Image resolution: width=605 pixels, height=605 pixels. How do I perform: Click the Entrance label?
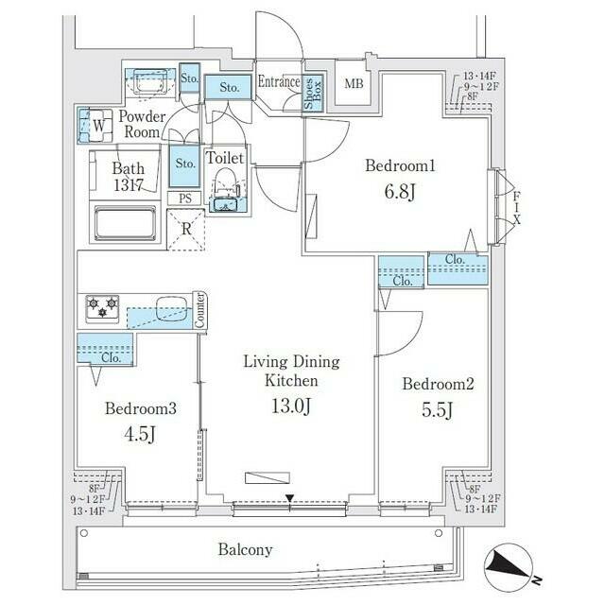[x=279, y=82]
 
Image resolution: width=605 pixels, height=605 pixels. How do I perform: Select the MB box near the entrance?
[x=354, y=84]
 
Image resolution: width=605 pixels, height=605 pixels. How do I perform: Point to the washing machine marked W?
[x=97, y=123]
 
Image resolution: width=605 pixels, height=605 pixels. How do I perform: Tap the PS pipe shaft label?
[x=184, y=198]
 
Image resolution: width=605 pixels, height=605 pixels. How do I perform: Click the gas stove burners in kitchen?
[x=101, y=307]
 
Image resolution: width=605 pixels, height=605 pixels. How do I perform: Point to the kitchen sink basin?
[x=169, y=307]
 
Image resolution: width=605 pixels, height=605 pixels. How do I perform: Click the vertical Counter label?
[x=200, y=311]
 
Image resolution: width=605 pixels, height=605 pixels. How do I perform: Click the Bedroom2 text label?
[x=437, y=384]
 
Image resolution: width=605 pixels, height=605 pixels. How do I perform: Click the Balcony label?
[x=245, y=549]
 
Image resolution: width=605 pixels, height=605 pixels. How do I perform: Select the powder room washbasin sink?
[x=146, y=83]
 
